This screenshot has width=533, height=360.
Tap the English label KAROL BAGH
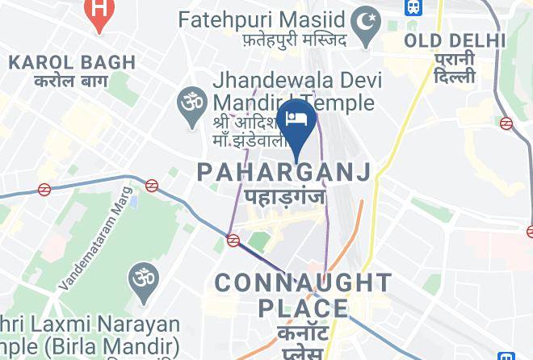(x=61, y=62)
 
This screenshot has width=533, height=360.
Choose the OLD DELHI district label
(x=455, y=40)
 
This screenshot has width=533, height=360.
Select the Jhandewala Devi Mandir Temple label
(x=292, y=92)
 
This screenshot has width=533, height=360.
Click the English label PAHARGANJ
(x=284, y=171)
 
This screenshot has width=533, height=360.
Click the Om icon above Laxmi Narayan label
(x=143, y=279)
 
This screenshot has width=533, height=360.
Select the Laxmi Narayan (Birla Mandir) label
(x=89, y=337)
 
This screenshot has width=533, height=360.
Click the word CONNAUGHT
(x=303, y=283)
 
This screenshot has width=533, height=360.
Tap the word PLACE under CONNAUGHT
(x=304, y=308)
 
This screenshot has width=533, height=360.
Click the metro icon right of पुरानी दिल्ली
(x=506, y=123)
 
